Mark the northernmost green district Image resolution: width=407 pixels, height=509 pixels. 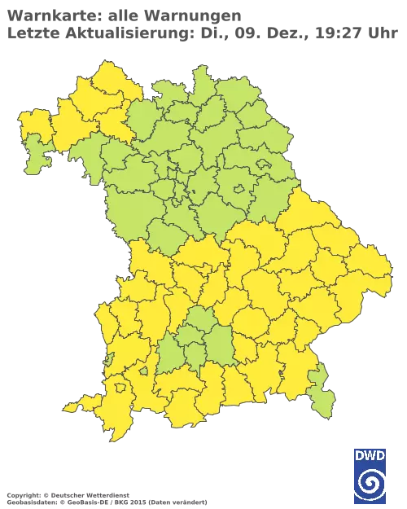[x=199, y=81]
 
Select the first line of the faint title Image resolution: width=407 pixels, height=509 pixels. [x=122, y=14]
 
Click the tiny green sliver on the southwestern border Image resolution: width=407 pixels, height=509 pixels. [x=108, y=359]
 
